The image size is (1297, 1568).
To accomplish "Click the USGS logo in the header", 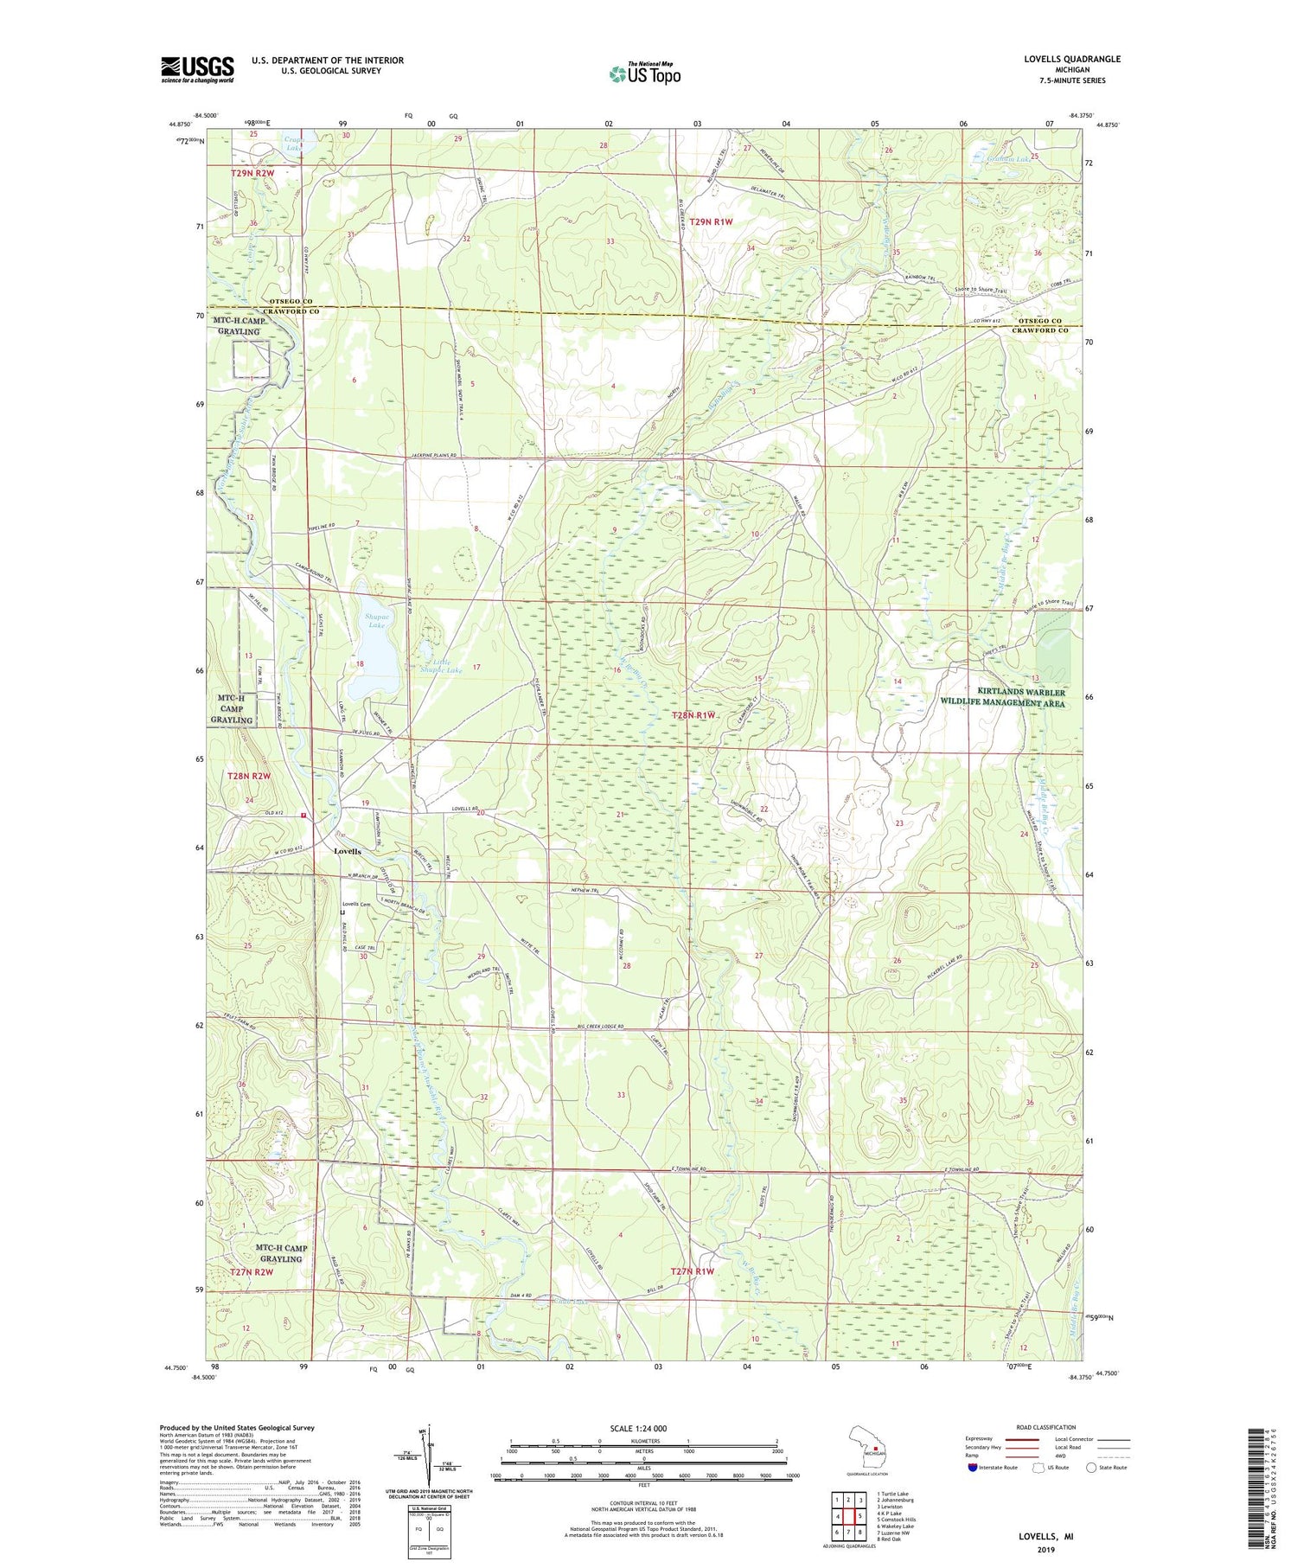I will coord(197,69).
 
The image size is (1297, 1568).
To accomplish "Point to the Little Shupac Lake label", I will coord(441,663).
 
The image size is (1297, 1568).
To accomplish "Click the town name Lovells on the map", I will coord(348,851).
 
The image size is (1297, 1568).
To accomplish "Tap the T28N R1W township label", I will coord(694,715).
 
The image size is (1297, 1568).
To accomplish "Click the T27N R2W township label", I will coord(252,1272).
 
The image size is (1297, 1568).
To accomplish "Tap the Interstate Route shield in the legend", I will coord(974,1468).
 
